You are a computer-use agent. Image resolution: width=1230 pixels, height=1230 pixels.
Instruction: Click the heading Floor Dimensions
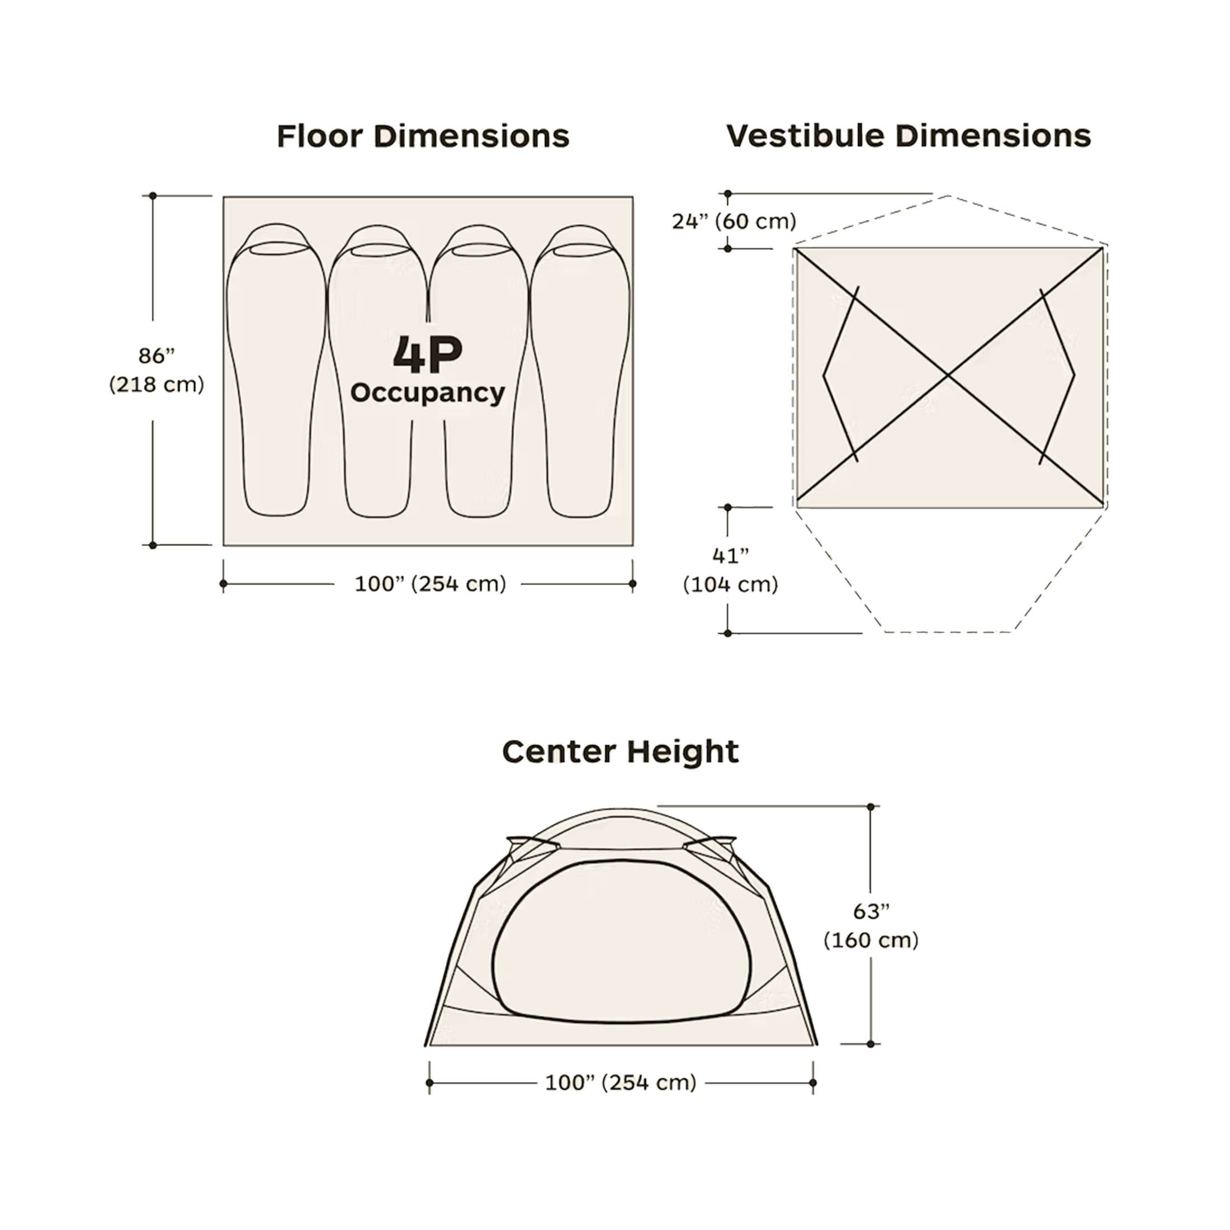pyautogui.click(x=423, y=136)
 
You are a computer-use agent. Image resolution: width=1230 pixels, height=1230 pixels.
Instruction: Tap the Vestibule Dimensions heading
pyautogui.click(x=909, y=136)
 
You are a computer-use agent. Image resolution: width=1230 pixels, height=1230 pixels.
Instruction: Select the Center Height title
pyautogui.click(x=621, y=752)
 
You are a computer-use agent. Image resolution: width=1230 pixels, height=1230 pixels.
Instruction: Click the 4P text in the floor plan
pyautogui.click(x=428, y=354)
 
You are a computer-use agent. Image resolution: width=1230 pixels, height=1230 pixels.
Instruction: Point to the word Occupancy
pyautogui.click(x=428, y=394)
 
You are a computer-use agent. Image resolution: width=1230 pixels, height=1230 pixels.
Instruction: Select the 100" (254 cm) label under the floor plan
pyautogui.click(x=430, y=584)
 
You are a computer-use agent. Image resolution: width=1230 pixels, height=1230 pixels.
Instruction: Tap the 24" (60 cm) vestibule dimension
pyautogui.click(x=734, y=221)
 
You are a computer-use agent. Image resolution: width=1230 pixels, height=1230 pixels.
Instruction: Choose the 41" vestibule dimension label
pyautogui.click(x=731, y=556)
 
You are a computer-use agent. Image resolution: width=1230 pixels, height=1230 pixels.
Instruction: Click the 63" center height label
pyautogui.click(x=872, y=912)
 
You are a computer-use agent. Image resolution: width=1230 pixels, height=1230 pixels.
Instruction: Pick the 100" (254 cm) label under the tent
pyautogui.click(x=621, y=1082)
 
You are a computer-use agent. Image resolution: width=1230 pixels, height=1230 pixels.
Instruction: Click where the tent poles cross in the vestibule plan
pyautogui.click(x=949, y=376)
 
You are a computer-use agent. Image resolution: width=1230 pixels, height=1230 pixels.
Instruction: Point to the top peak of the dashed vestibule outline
pyautogui.click(x=949, y=196)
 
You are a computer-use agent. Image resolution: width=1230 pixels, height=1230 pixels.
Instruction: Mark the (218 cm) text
pyautogui.click(x=157, y=385)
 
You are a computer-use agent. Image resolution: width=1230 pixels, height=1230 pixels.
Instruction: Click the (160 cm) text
pyautogui.click(x=872, y=940)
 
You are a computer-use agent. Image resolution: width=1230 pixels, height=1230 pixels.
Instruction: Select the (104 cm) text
pyautogui.click(x=731, y=584)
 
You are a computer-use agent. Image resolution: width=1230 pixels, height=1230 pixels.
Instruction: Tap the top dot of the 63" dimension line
pyautogui.click(x=871, y=807)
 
